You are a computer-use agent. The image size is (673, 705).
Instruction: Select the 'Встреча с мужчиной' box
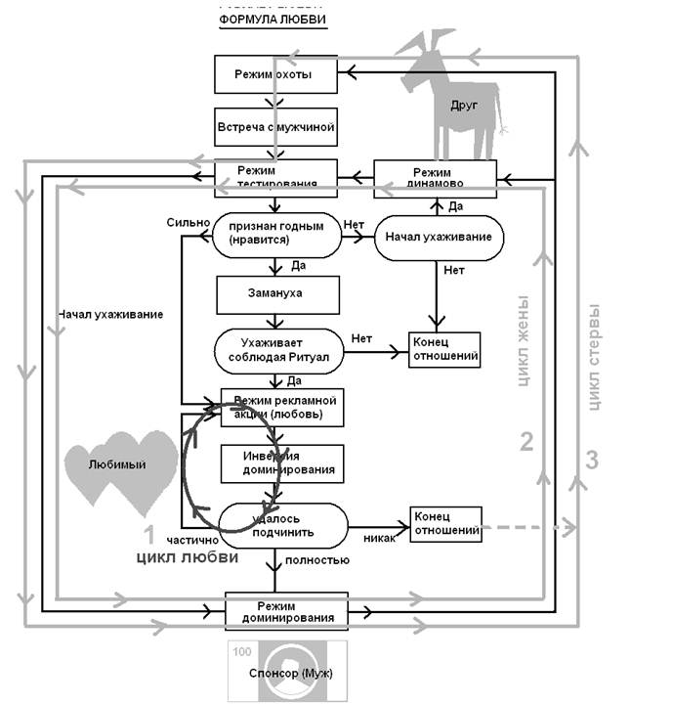coord(274,126)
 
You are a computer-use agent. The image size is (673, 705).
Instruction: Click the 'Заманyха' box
coord(277,290)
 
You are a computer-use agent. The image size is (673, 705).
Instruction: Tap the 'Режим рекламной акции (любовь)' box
coord(284,407)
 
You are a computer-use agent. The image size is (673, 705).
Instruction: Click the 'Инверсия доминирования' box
coord(283,463)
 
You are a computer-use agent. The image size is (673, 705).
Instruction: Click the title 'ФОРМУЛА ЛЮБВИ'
coord(273,20)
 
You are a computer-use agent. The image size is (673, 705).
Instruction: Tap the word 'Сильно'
coord(189,222)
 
